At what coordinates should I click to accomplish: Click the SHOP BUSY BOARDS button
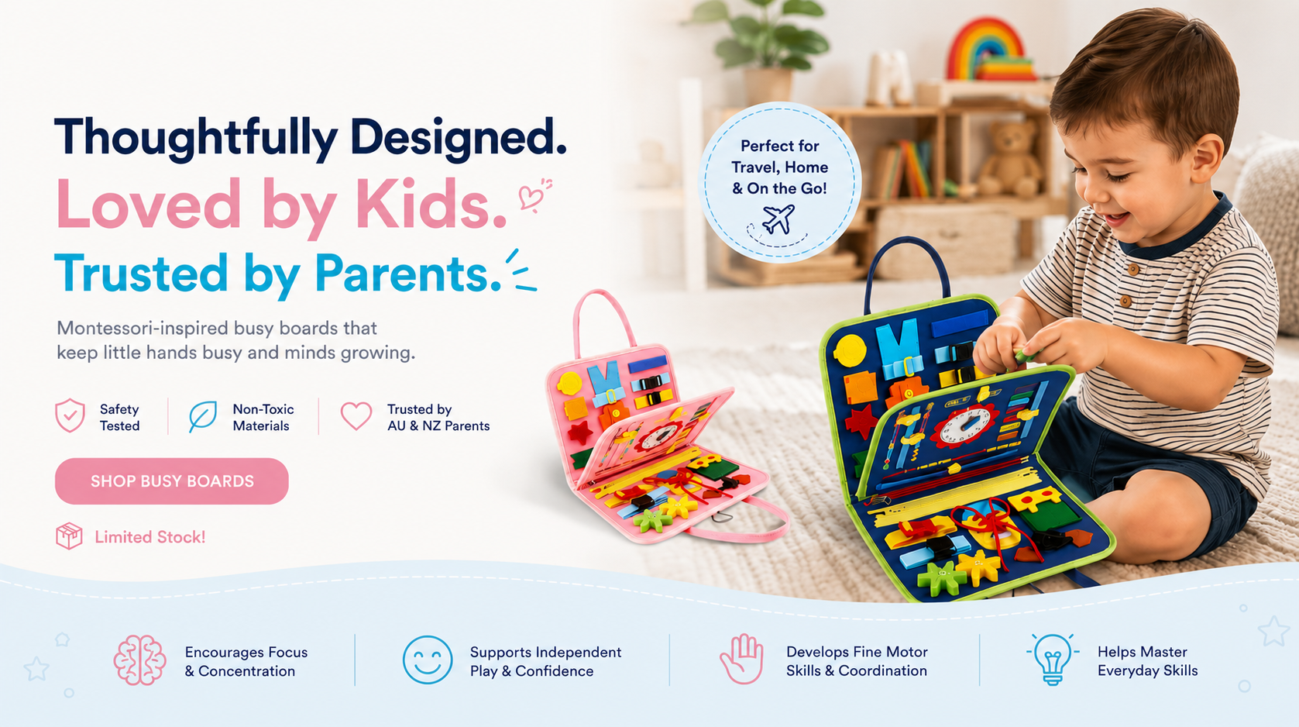point(172,481)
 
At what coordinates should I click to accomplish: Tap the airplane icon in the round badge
point(778,219)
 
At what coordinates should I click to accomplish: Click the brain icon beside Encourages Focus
point(139,660)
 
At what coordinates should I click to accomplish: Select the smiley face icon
point(428,660)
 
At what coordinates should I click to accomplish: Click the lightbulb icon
point(1053,659)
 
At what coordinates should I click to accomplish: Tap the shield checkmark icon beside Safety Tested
point(70,415)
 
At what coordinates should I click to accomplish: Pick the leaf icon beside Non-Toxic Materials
point(202,416)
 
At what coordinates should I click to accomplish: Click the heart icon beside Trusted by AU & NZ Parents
point(356,416)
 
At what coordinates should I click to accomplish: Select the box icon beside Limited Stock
point(69,536)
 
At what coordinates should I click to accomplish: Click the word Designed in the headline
point(458,138)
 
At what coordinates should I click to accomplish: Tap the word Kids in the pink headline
point(431,205)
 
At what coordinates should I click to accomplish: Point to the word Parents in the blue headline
point(408,274)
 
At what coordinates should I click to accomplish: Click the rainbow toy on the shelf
point(987,50)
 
